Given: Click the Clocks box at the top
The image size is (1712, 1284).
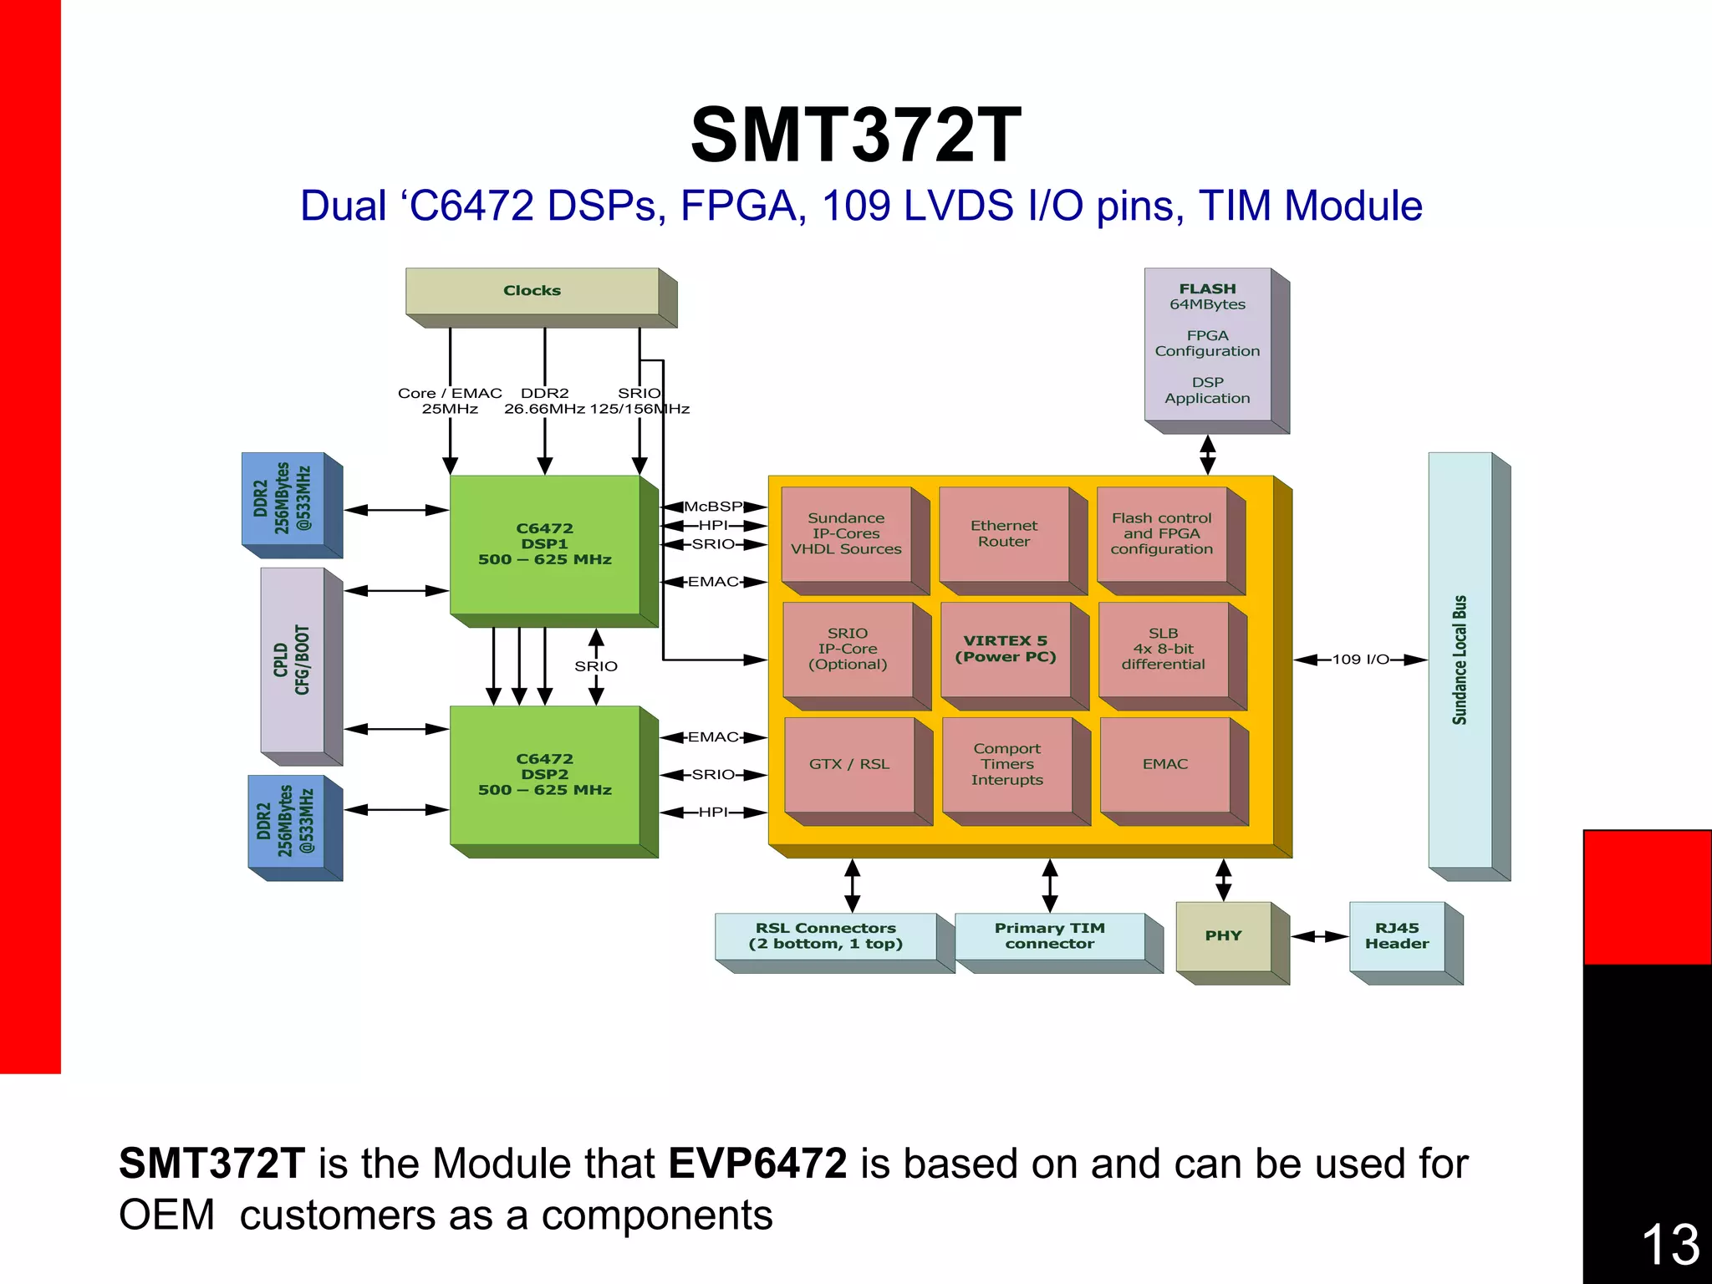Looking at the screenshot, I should point(532,291).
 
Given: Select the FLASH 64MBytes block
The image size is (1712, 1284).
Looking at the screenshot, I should point(1208,344).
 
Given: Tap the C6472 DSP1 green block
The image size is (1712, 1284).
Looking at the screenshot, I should point(545,544).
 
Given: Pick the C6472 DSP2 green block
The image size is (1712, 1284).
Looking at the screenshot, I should point(545,775).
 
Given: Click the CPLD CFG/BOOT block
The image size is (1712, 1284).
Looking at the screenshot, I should point(293,660).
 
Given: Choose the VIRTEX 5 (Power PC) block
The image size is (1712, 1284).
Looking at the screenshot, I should point(1006,649).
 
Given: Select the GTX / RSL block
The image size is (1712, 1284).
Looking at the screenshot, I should point(849,764).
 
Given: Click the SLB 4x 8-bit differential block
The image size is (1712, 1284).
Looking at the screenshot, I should point(1163,649).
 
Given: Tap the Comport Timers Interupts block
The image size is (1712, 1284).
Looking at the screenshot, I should point(1007,764).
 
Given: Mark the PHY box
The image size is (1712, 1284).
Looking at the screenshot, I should point(1224,936).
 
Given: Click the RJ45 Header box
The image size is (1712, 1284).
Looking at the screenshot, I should point(1397,936).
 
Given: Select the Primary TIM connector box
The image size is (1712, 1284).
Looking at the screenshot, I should point(1050,936).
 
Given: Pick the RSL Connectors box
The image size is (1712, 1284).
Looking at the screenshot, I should point(826,936).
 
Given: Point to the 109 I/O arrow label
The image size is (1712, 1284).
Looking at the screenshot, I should point(1360,660).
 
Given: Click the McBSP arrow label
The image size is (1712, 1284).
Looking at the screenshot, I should point(713,507).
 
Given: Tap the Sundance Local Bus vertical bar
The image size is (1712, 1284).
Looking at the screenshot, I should point(1460,660).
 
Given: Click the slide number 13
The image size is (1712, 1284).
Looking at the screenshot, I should point(1670,1244).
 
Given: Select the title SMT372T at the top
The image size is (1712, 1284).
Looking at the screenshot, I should point(856,135).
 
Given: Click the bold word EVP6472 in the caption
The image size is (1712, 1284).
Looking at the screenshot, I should point(757,1164).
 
